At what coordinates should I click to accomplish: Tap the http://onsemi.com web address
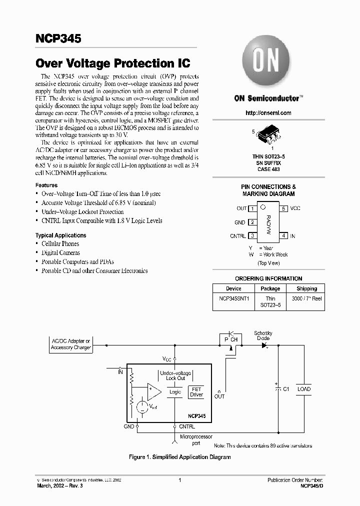(x=268, y=113)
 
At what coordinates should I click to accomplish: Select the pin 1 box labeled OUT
(x=253, y=208)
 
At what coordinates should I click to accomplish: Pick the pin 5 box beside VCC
(x=283, y=208)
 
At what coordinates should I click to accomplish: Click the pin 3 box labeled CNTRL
(x=253, y=235)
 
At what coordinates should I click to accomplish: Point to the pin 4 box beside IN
(x=283, y=235)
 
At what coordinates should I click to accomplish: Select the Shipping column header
(x=306, y=288)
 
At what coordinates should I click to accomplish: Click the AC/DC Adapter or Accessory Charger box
(x=71, y=344)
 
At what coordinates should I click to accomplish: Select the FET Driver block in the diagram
(x=196, y=392)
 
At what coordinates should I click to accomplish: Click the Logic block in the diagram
(x=175, y=392)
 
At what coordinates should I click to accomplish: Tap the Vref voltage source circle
(x=142, y=407)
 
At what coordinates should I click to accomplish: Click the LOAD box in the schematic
(x=303, y=389)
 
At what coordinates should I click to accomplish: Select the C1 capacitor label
(x=286, y=389)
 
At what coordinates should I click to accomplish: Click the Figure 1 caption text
(x=179, y=457)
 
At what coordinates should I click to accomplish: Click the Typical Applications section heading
(x=60, y=235)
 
